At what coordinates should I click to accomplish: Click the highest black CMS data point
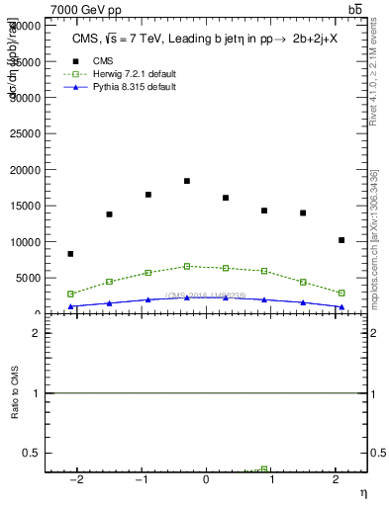[x=187, y=181]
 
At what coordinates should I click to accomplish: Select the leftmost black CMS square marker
[x=70, y=254]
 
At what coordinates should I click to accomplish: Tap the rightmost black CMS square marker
[x=341, y=240]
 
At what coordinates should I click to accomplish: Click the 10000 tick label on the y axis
[x=28, y=242]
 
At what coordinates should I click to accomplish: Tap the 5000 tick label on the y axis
[x=30, y=278]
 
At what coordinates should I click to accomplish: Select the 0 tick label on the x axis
[x=206, y=480]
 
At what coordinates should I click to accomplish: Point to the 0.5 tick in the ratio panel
[x=34, y=453]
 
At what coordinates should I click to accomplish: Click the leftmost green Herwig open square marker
[x=70, y=294]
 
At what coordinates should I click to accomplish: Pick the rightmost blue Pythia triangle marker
[x=341, y=307]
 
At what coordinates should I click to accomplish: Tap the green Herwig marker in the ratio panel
[x=264, y=468]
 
